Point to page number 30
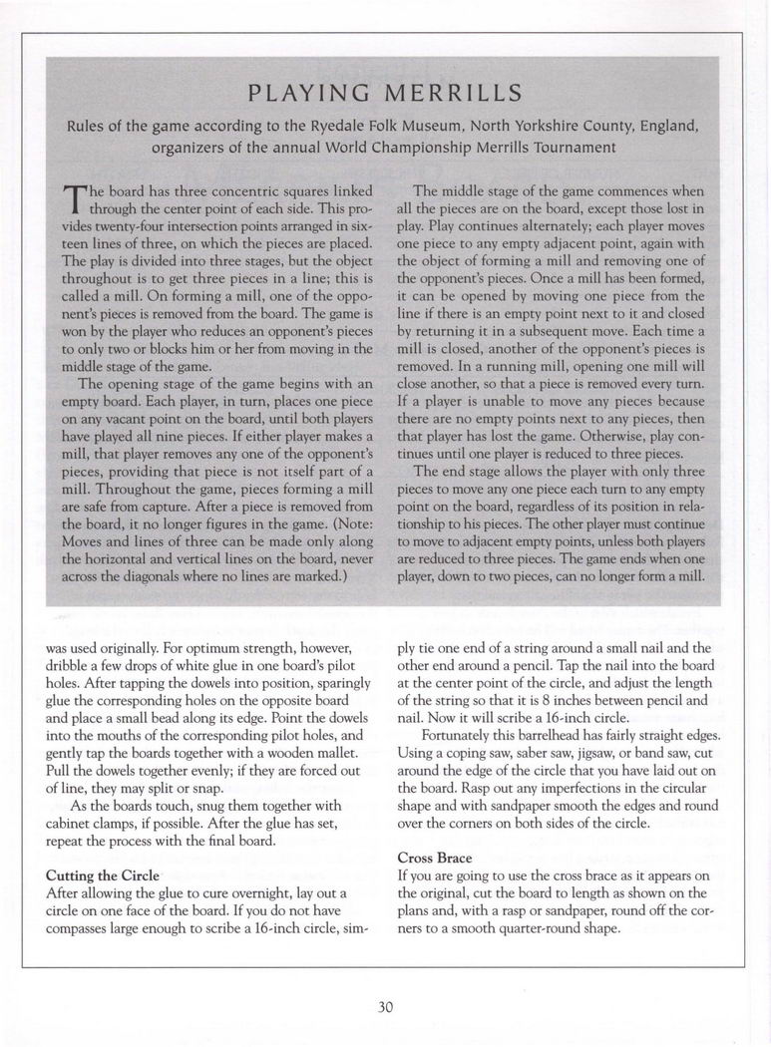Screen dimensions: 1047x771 point(386,1006)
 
